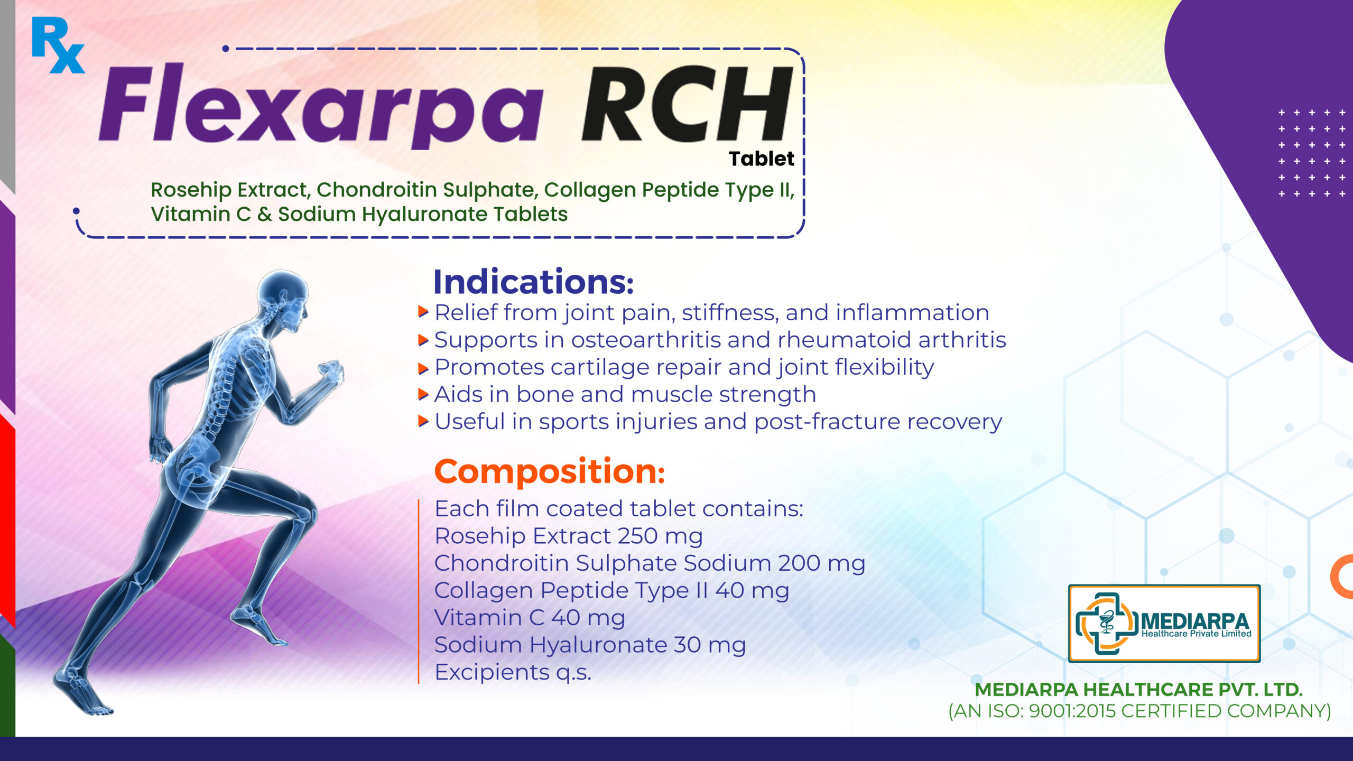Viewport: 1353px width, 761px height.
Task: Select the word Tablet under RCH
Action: point(761,159)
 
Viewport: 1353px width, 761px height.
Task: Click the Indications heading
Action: point(533,282)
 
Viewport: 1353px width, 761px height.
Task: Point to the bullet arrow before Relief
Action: point(423,312)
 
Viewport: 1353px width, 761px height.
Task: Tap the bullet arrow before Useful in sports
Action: point(423,421)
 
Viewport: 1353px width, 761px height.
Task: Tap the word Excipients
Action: point(492,673)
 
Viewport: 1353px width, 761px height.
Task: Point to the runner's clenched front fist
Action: point(331,370)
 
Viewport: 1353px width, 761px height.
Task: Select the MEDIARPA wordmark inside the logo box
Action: point(1195,621)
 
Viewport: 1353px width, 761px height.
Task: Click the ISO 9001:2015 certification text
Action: point(1139,711)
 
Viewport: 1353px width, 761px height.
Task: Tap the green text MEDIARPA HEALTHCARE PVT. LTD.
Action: point(1138,689)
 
